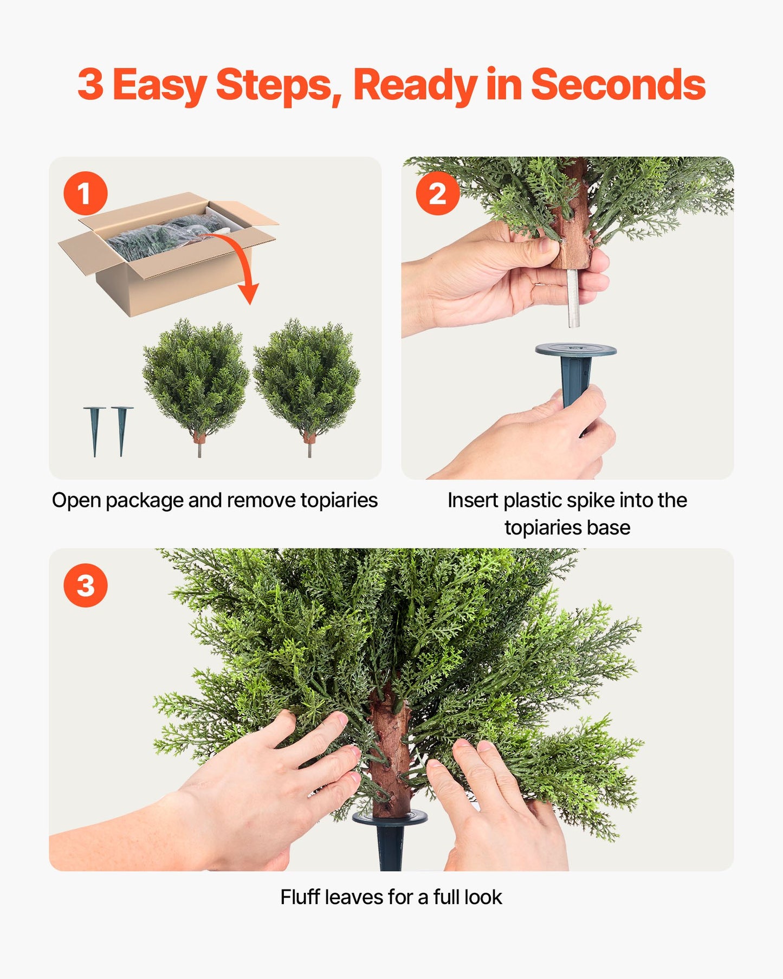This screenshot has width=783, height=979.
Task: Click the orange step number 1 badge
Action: coord(86,193)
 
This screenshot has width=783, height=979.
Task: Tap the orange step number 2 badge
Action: coord(437,193)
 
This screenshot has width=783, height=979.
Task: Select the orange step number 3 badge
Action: coord(86,585)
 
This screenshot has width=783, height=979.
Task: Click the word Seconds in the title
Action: coord(618,85)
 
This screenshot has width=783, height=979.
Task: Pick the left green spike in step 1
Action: coord(94,431)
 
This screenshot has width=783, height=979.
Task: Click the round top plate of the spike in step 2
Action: coord(575,350)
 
